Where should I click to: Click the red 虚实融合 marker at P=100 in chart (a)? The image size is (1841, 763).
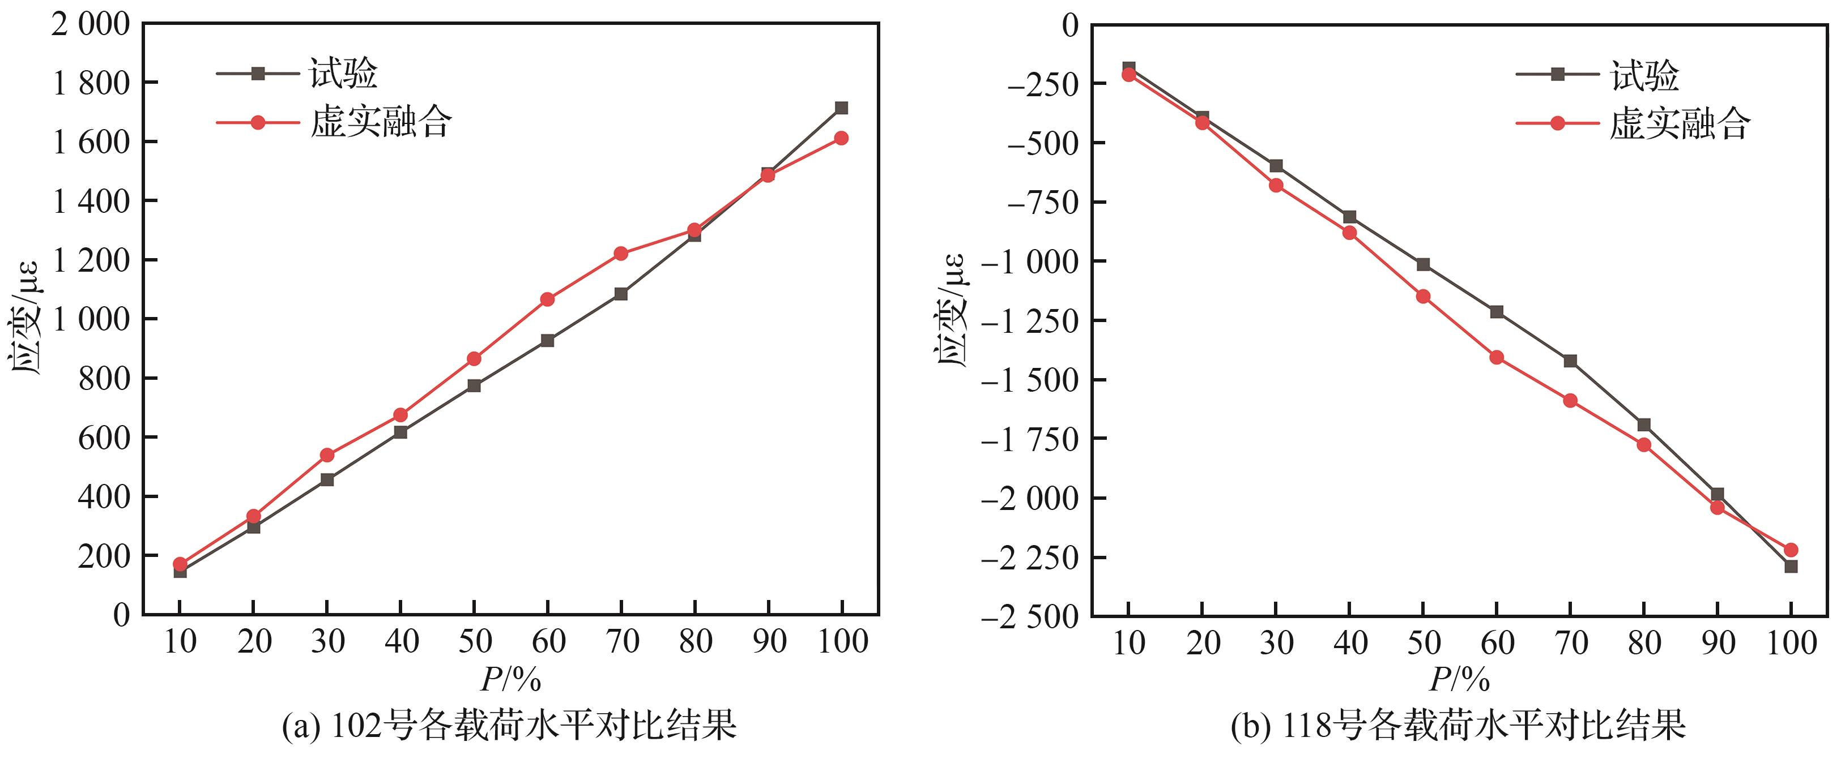[841, 138]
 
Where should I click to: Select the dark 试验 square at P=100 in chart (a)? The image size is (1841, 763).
[841, 108]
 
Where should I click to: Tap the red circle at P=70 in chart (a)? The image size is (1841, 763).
[620, 254]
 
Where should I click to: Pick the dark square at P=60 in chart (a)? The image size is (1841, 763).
[547, 341]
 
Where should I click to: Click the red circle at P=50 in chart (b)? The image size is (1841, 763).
[1423, 297]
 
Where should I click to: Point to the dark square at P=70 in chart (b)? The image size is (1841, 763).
[1570, 361]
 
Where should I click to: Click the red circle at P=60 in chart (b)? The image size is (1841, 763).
[1497, 357]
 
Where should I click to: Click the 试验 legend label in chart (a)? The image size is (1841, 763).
[343, 74]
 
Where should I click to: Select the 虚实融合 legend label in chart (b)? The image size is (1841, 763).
[1680, 123]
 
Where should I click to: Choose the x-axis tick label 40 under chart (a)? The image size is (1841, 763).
[401, 641]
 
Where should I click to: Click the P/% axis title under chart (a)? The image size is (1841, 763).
[511, 679]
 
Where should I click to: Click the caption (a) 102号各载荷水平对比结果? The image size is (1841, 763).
[510, 726]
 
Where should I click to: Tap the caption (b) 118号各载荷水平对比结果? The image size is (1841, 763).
[1458, 726]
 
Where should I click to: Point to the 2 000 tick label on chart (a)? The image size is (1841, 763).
[91, 25]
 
